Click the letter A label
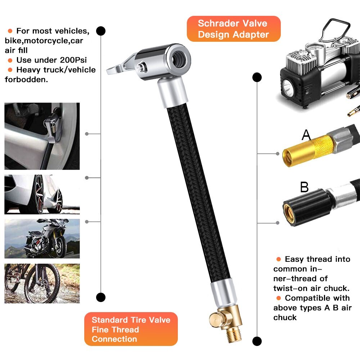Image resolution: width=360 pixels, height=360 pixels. click(306, 135)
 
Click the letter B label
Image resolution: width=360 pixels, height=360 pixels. click(305, 187)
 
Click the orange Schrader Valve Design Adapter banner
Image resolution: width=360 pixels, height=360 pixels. click(233, 29)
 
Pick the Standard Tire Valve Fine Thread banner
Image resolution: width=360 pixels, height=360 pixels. click(131, 329)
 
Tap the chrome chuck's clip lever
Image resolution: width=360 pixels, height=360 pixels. click(119, 65)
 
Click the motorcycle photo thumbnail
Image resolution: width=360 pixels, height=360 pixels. click(42, 238)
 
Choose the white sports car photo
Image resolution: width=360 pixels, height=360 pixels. click(42, 194)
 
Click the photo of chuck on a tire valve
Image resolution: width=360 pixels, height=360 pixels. click(42, 136)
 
